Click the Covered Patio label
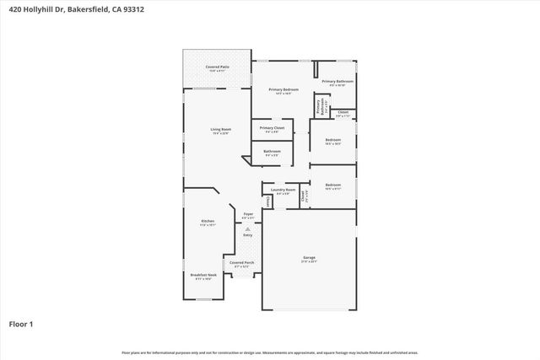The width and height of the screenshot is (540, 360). (217, 67)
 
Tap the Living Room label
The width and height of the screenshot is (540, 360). (220, 131)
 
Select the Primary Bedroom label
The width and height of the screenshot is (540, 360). (283, 90)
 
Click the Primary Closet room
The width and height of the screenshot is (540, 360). (272, 130)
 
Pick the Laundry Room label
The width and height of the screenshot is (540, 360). (283, 191)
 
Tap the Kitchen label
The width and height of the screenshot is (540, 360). (208, 222)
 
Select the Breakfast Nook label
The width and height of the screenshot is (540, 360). (204, 276)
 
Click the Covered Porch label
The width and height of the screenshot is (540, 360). (242, 264)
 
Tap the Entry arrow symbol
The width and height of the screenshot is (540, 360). (247, 228)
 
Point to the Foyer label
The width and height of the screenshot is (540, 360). (248, 215)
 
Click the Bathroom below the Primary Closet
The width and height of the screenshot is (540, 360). (272, 153)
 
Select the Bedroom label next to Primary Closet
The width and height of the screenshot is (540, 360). (333, 141)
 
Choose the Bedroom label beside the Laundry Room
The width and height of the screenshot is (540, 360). (333, 186)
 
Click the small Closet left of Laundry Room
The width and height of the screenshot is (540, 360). (267, 201)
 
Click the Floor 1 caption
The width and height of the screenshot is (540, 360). (20, 323)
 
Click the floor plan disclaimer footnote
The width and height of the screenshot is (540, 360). (269, 352)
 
